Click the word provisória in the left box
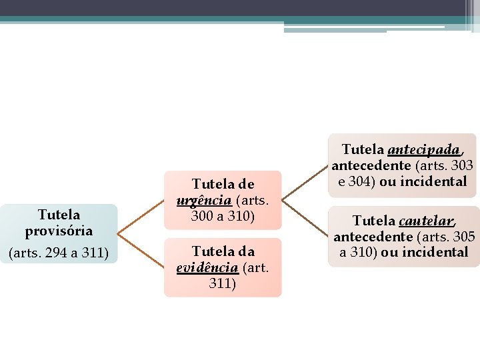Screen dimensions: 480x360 (x=59, y=231)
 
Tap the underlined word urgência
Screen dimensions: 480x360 (x=204, y=200)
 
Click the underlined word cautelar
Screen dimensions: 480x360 (x=427, y=221)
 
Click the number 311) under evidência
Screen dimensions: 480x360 (x=223, y=283)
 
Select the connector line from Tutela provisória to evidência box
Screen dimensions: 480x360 (x=141, y=251)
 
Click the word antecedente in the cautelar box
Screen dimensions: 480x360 (x=373, y=237)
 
